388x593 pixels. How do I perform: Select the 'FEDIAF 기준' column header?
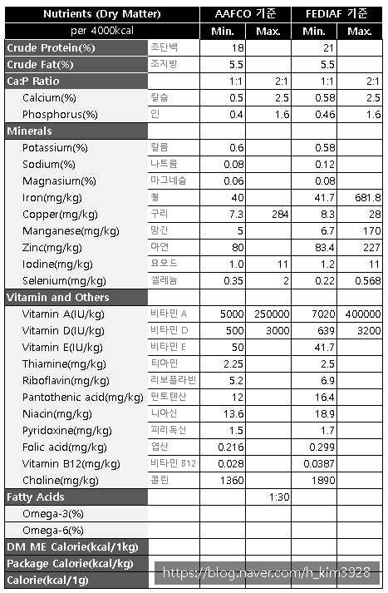[337, 14]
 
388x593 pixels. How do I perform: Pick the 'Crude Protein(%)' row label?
[51, 47]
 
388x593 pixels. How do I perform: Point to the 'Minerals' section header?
[29, 131]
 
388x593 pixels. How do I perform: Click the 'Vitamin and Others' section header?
[57, 297]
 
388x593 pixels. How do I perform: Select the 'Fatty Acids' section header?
[36, 497]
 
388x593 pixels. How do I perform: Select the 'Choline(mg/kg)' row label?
[60, 480]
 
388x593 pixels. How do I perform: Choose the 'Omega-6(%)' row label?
[53, 530]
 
